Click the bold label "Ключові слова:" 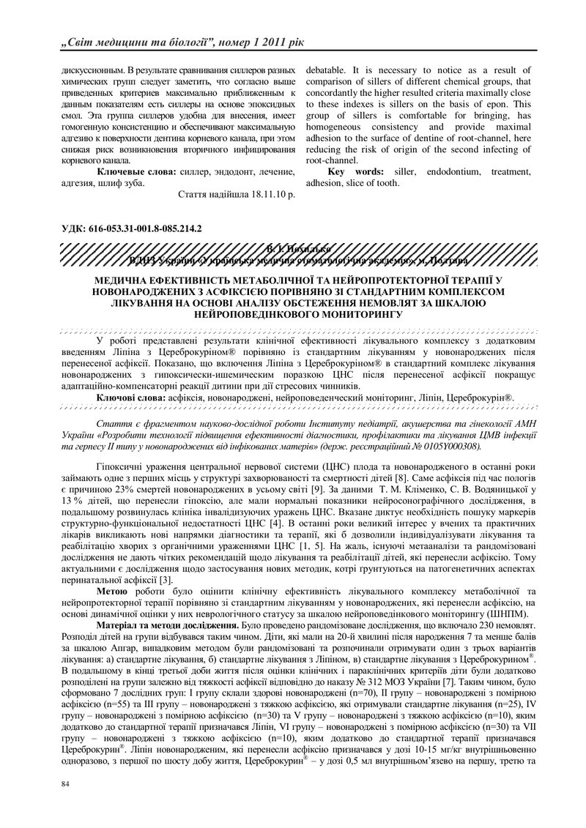130,397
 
